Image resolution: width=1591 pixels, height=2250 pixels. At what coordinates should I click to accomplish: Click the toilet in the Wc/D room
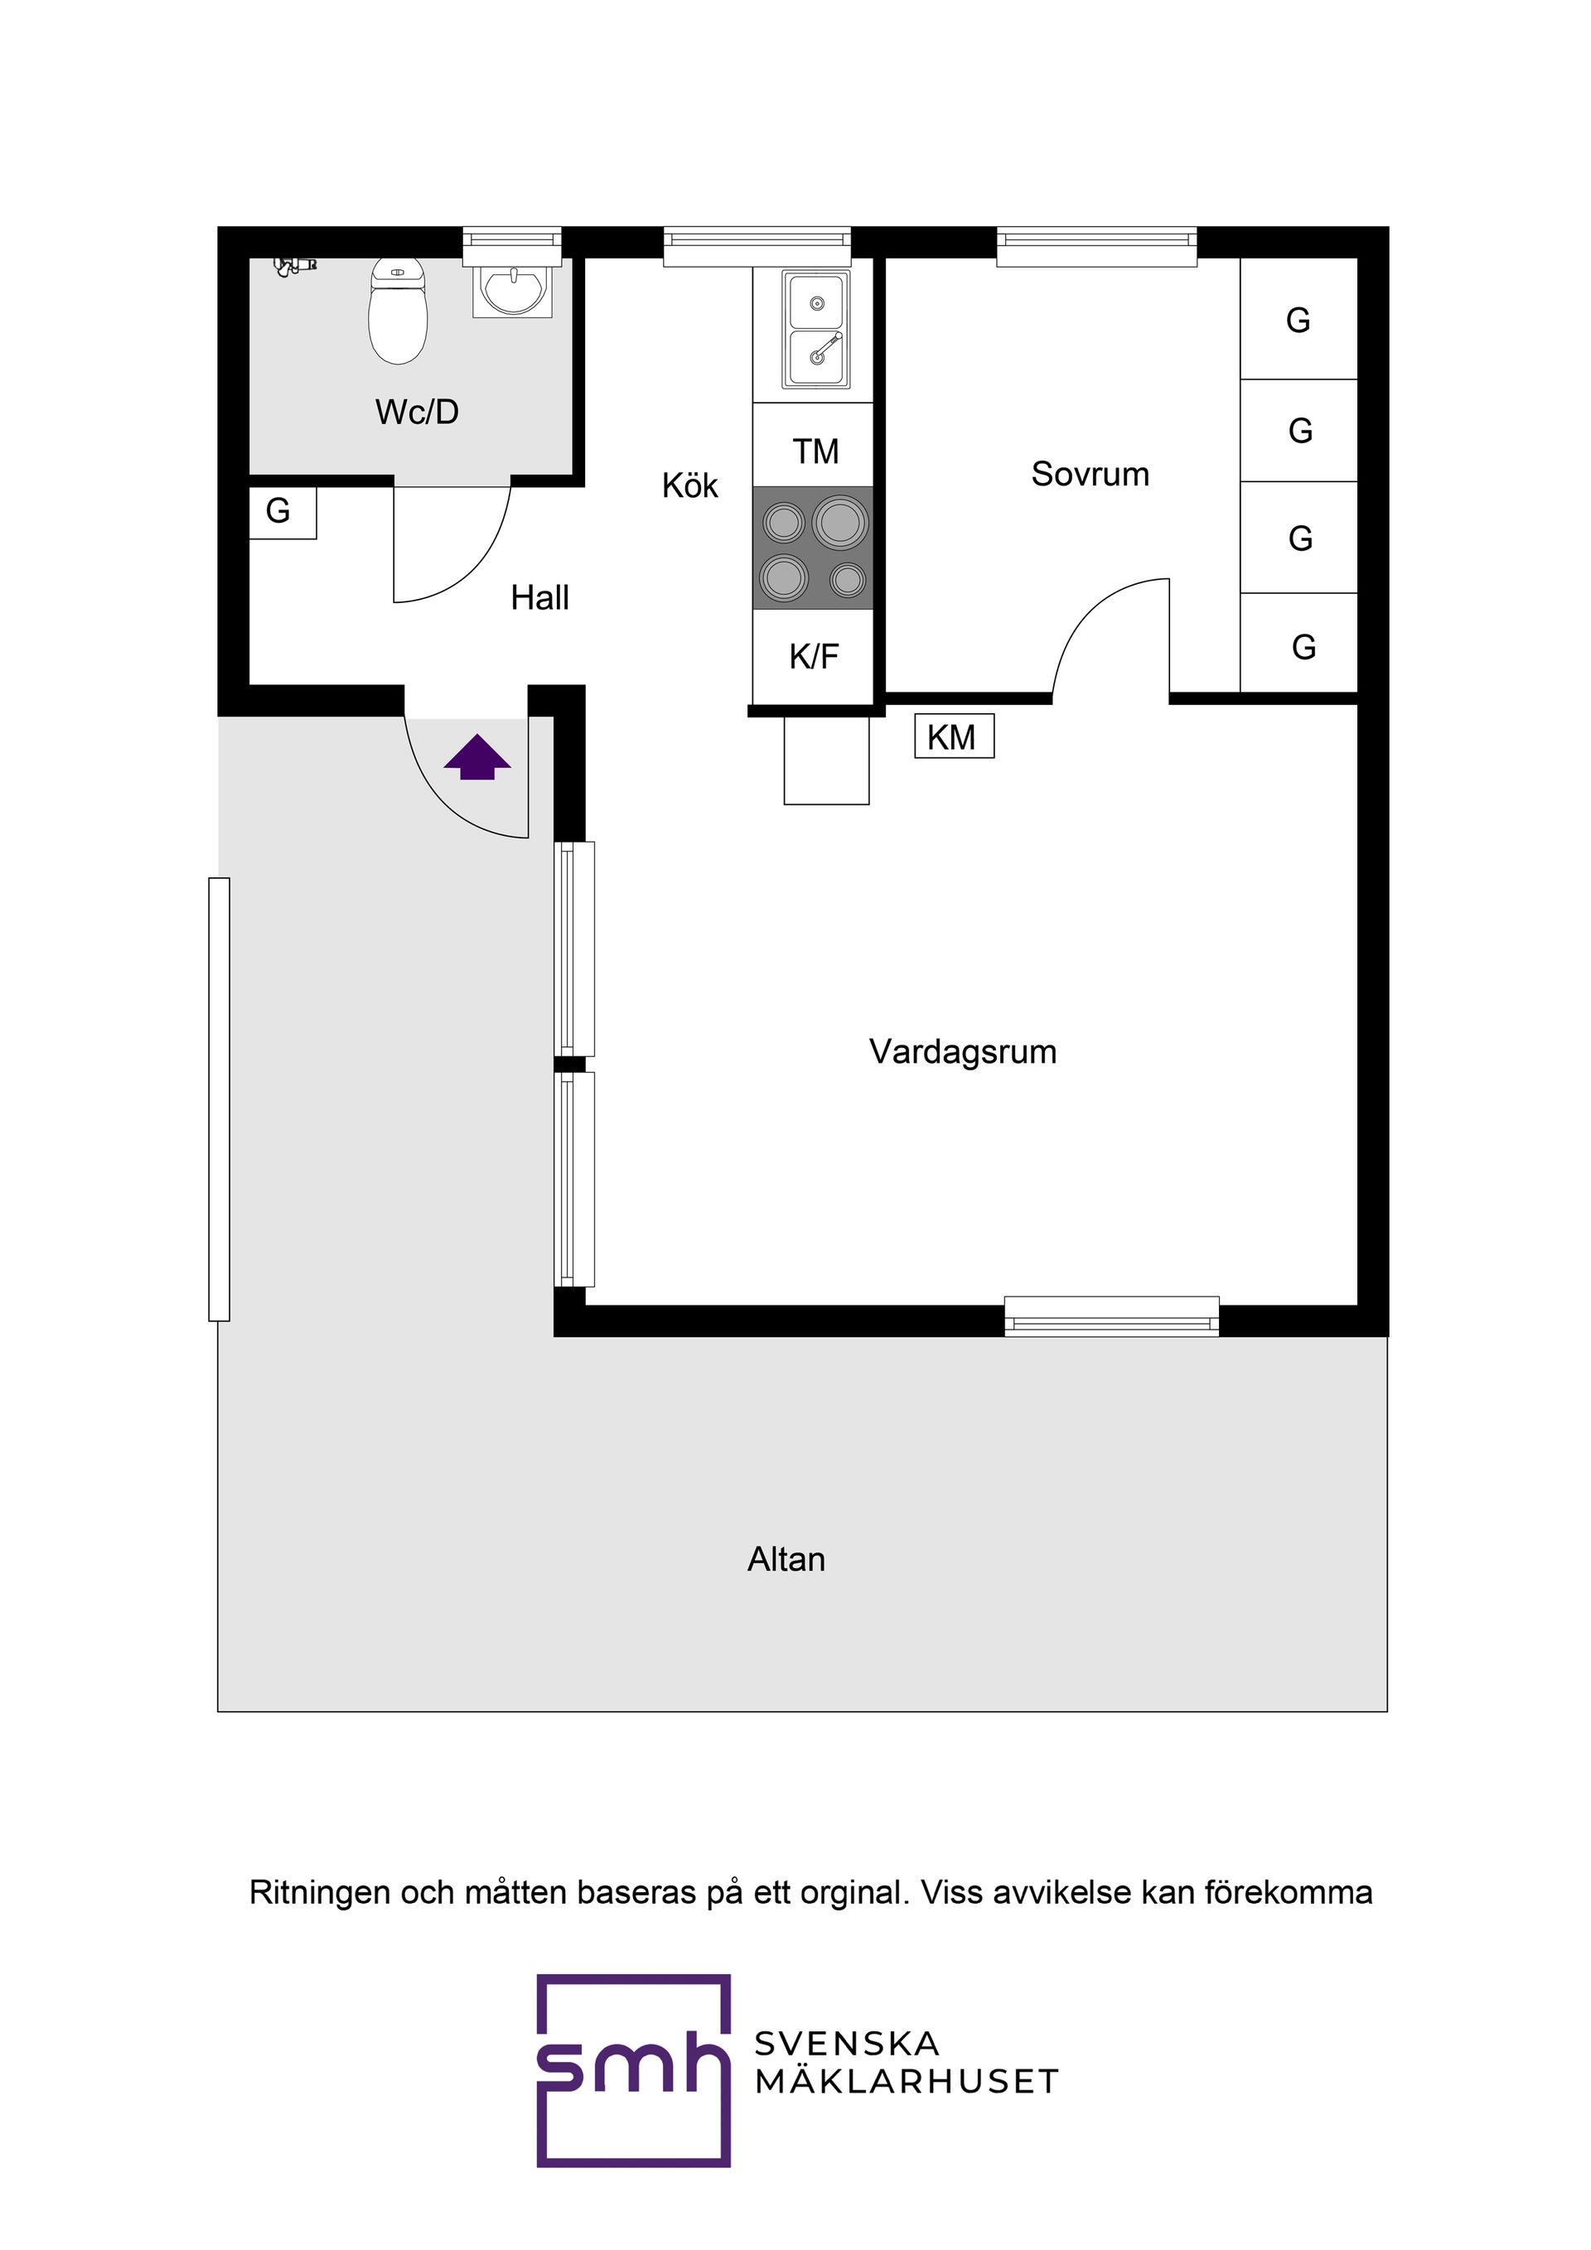click(398, 311)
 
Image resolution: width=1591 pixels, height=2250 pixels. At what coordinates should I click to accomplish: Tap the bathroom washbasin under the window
click(512, 290)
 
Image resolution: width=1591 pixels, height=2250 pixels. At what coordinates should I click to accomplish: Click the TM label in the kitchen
click(815, 451)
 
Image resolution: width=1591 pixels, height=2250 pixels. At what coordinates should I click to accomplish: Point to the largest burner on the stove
click(841, 521)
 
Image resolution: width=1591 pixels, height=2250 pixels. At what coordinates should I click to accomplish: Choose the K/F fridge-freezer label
click(814, 657)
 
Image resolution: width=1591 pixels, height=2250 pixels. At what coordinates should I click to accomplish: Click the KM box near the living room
click(953, 737)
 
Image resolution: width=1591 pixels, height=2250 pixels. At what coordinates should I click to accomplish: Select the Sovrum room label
click(1089, 475)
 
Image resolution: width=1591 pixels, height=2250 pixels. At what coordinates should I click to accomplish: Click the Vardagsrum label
click(962, 1052)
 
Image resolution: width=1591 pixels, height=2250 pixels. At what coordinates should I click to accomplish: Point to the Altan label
click(786, 1560)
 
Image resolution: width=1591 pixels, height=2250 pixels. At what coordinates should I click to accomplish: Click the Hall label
click(539, 598)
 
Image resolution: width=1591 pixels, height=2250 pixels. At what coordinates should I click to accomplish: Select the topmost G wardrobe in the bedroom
click(1297, 321)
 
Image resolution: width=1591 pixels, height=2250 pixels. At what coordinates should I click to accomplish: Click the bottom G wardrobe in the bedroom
click(1302, 647)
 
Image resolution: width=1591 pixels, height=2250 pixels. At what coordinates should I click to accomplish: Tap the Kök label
click(689, 486)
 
